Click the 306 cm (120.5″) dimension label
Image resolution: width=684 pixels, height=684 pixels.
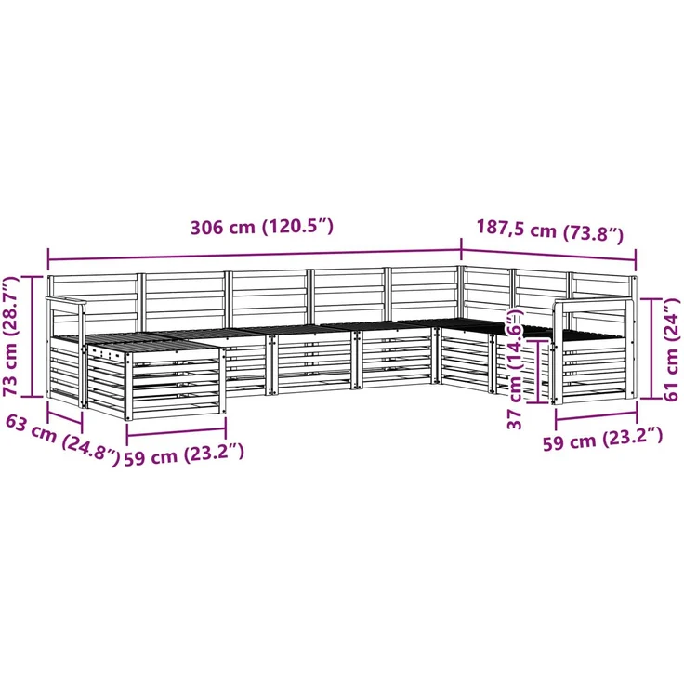coord(262,228)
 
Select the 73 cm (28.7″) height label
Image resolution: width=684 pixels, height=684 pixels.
coord(11,335)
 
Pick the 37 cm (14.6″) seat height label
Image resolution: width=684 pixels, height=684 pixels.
coord(515,368)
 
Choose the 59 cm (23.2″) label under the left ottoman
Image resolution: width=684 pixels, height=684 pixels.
coord(184,454)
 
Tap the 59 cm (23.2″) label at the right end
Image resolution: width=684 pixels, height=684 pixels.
coord(603,439)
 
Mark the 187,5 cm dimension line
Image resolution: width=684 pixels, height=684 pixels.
coord(548,256)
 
